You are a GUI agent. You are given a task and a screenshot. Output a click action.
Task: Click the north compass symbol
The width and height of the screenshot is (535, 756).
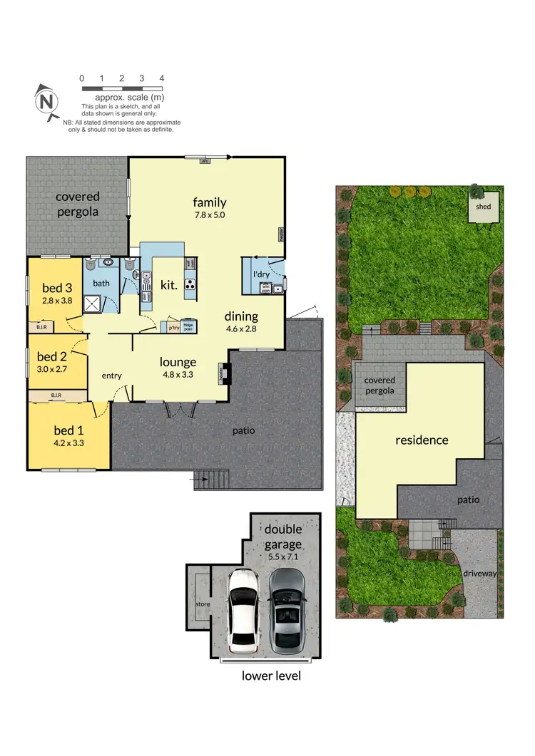point(47,102)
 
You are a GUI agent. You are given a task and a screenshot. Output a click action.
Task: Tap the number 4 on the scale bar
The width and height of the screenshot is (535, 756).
point(162,78)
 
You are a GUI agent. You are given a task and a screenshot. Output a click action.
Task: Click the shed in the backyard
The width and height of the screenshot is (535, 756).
point(484,207)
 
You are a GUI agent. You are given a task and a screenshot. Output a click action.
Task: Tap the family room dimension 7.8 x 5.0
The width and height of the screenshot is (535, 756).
point(209,214)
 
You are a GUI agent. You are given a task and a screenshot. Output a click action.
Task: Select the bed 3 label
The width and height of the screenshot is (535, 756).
point(57,289)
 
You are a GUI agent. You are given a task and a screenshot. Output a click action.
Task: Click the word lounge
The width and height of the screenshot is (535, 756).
point(178,361)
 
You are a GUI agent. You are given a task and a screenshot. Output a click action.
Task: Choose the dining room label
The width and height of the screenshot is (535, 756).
point(241,316)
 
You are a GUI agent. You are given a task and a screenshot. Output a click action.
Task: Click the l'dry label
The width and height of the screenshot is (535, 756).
point(261,274)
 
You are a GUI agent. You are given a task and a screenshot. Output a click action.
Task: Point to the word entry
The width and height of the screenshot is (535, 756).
point(112,376)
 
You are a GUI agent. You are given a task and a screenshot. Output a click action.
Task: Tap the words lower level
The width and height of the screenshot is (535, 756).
point(271,675)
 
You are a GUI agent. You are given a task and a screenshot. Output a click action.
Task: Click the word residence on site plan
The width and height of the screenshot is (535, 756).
point(422,440)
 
